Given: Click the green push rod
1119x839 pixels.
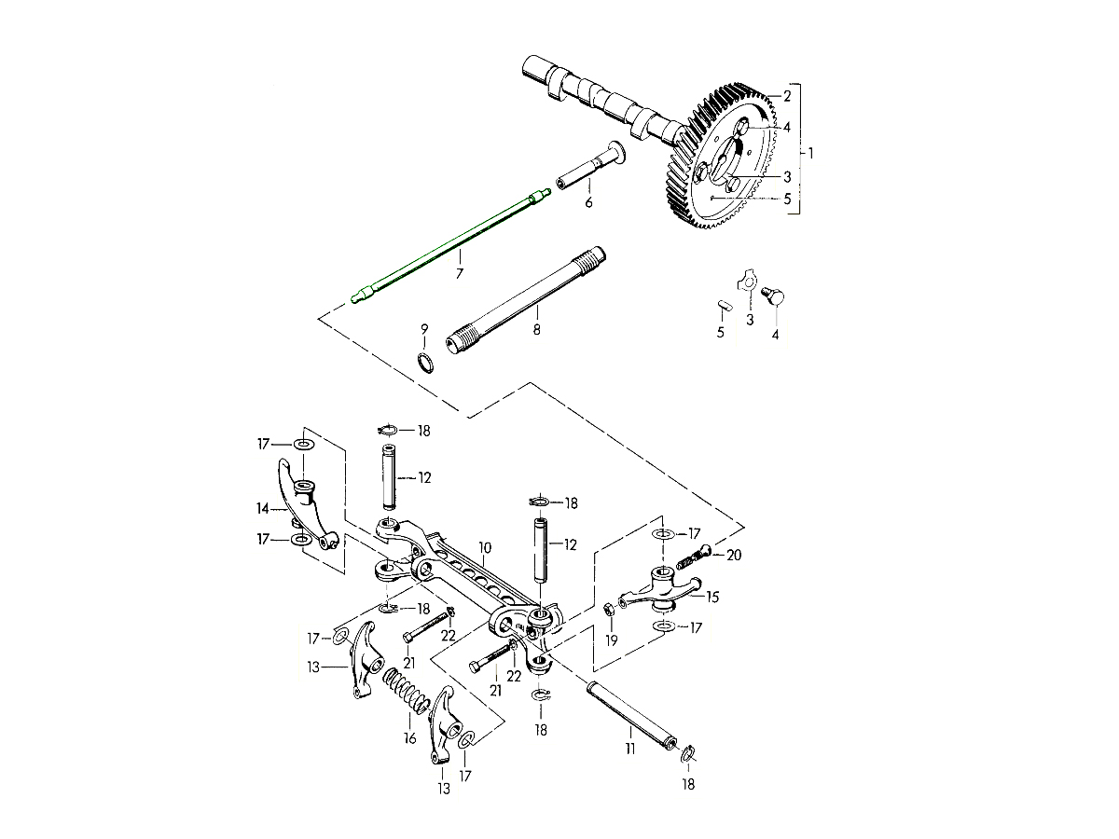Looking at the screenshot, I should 448,246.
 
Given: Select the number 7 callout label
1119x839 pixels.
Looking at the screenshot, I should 459,274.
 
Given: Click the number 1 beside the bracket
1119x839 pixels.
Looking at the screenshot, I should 811,152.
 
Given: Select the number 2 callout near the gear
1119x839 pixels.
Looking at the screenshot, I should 786,96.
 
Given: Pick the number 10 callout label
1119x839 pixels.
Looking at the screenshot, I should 484,547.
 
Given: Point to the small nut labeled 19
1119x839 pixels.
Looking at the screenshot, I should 608,611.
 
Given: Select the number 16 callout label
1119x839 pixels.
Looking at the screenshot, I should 408,738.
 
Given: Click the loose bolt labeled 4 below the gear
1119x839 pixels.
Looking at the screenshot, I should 771,297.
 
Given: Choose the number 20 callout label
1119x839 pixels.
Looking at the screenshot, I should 734,554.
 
